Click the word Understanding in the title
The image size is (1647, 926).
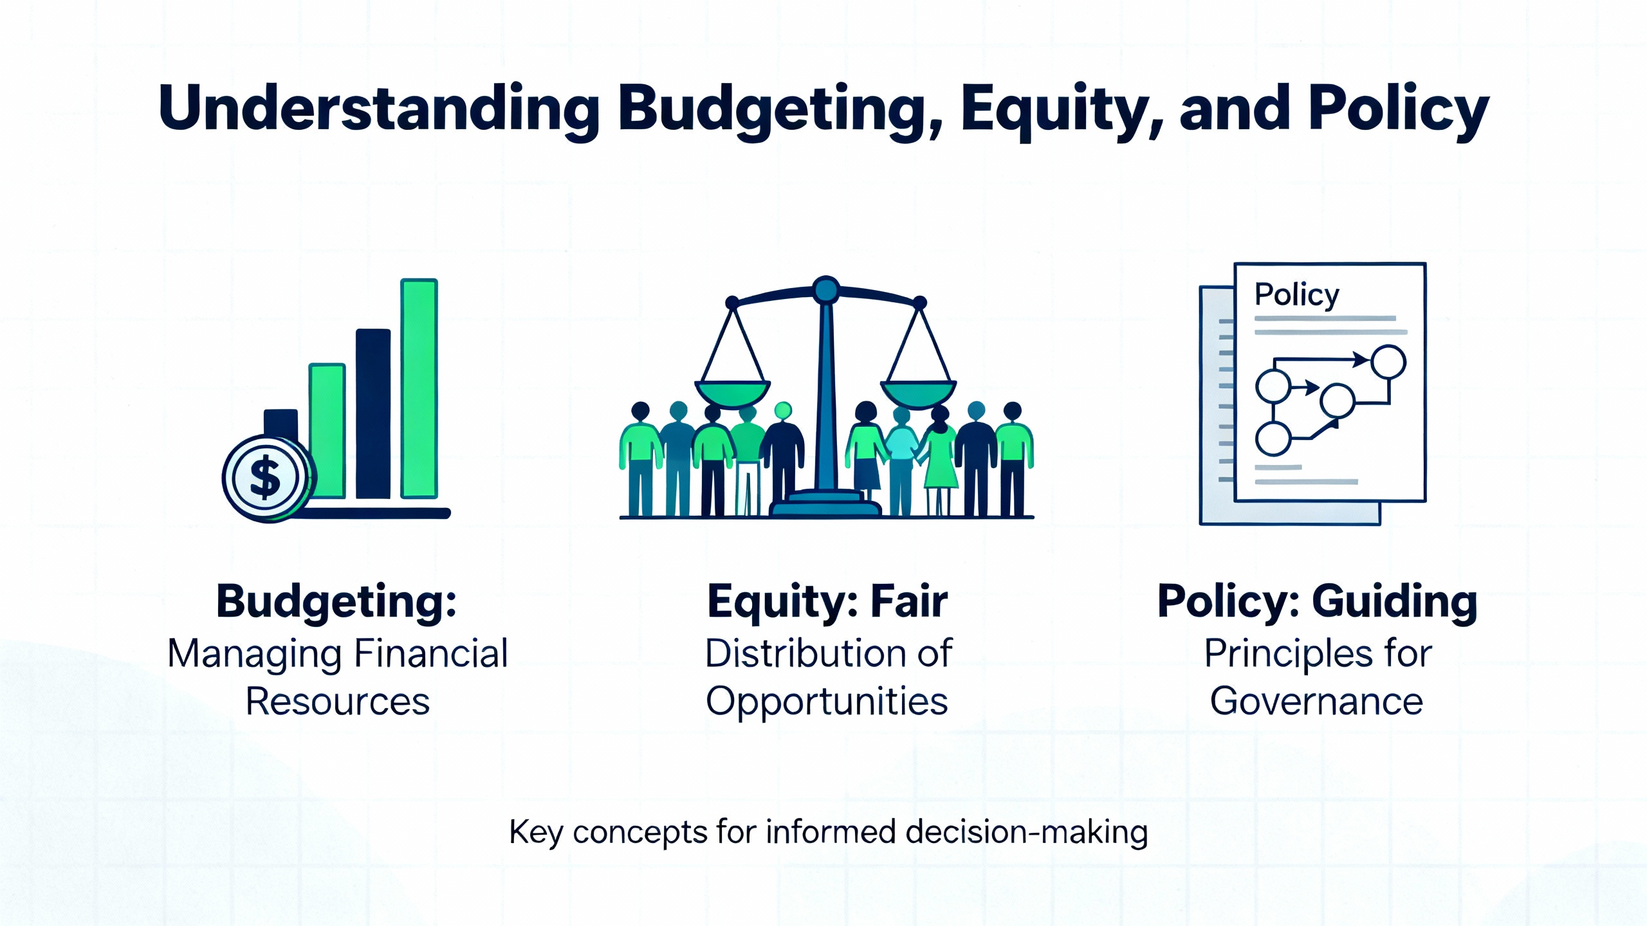pyautogui.click(x=379, y=109)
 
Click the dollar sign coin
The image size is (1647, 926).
pyautogui.click(x=266, y=478)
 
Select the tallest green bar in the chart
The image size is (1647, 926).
pyautogui.click(x=419, y=388)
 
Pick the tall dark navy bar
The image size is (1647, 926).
pyautogui.click(x=373, y=413)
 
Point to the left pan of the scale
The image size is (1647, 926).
pyautogui.click(x=732, y=393)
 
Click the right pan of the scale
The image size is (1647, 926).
pyautogui.click(x=919, y=393)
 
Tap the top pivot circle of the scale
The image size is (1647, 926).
pyautogui.click(x=825, y=290)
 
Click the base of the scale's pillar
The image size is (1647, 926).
pyautogui.click(x=825, y=504)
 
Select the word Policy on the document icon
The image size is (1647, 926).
pyautogui.click(x=1296, y=296)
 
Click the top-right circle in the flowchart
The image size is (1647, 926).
pyautogui.click(x=1388, y=362)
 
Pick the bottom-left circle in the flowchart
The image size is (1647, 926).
pyautogui.click(x=1273, y=439)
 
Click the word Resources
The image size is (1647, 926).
pyautogui.click(x=338, y=701)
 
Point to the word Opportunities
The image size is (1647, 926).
pyautogui.click(x=827, y=702)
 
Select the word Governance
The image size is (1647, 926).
pyautogui.click(x=1316, y=701)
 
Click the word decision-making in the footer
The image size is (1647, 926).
pyautogui.click(x=1026, y=833)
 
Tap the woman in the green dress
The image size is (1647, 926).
pyautogui.click(x=940, y=460)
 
